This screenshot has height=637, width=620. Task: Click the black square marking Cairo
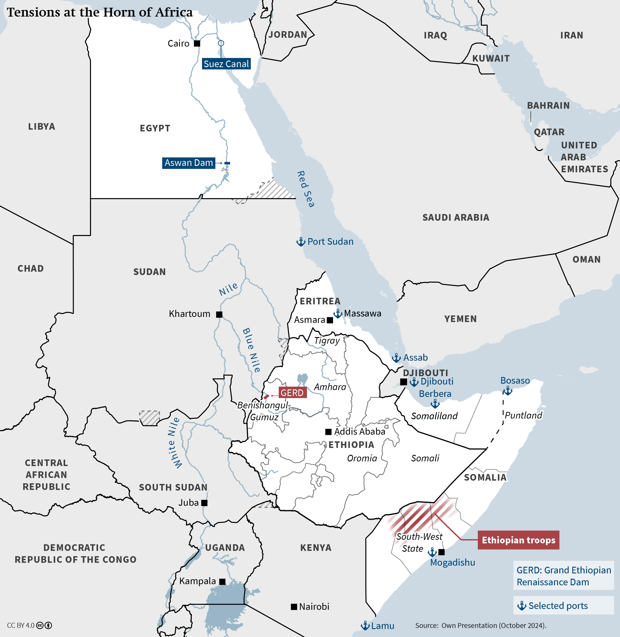197,43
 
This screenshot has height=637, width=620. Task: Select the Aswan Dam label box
189,163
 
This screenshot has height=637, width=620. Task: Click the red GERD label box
292,393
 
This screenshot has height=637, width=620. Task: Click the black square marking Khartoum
219,314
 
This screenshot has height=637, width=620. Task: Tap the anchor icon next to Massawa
338,314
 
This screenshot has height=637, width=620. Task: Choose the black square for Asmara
330,320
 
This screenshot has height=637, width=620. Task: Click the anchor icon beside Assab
396,358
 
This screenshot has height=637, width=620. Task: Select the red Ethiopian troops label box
518,540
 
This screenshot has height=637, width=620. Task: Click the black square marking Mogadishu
442,552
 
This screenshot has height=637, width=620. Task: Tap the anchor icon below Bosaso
507,391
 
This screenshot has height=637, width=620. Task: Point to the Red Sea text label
305,189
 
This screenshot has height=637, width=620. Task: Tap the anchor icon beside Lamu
365,626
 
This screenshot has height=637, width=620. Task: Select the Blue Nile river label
251,350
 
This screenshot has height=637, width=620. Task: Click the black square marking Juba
204,503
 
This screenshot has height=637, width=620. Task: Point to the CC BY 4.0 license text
21,626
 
